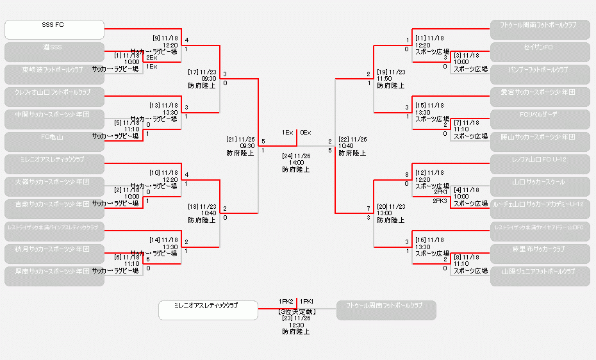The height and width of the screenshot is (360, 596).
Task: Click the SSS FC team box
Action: [x=54, y=29]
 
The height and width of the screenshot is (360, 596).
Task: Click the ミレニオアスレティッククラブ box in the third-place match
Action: [x=208, y=310]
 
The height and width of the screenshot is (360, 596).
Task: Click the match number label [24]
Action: [x=286, y=156]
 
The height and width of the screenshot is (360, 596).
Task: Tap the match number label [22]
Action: [x=344, y=139]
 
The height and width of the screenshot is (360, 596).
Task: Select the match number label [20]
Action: [x=383, y=206]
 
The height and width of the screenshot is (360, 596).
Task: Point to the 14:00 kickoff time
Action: [x=296, y=163]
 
